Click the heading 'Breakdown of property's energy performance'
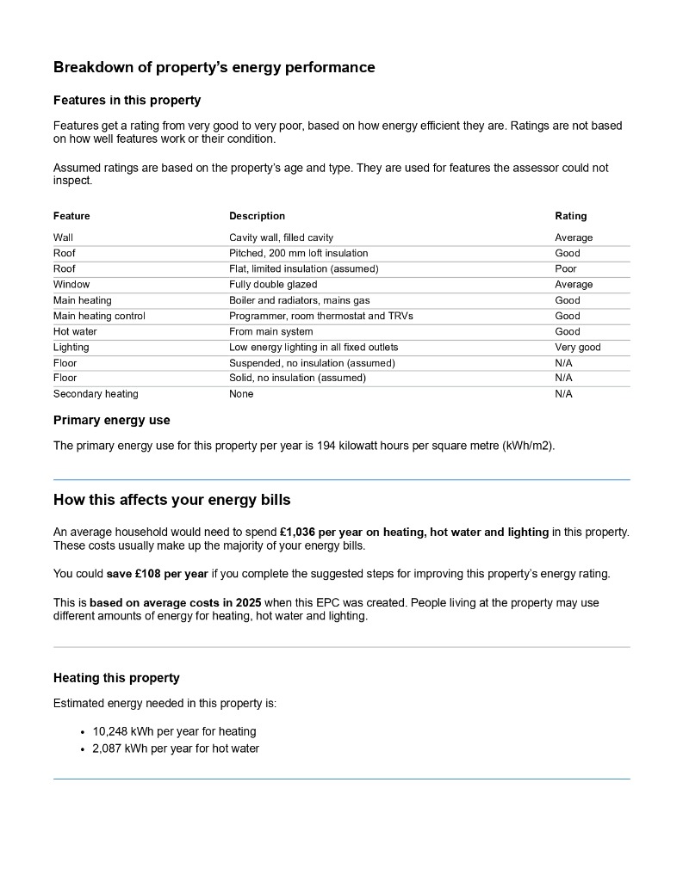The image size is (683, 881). (x=214, y=67)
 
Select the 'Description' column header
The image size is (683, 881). (x=257, y=216)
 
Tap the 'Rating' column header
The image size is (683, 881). (x=570, y=216)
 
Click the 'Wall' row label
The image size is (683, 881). (x=63, y=237)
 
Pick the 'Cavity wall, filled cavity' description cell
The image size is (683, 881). (x=281, y=237)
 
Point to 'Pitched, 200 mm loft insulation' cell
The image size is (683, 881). (x=298, y=253)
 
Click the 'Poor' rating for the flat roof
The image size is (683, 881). (x=566, y=268)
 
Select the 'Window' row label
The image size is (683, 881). (x=71, y=284)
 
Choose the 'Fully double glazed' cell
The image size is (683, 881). (x=273, y=284)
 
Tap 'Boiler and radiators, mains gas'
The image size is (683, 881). (x=296, y=300)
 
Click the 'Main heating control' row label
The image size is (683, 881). (x=99, y=316)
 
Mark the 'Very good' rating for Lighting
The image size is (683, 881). (x=578, y=348)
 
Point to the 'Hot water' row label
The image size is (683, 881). (x=75, y=331)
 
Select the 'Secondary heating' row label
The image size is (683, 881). (x=96, y=394)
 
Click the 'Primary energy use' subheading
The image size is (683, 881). (x=112, y=421)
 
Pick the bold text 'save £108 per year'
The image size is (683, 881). (x=158, y=574)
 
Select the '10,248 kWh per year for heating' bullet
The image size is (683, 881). (x=174, y=731)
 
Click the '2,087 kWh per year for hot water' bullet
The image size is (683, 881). (x=176, y=749)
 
